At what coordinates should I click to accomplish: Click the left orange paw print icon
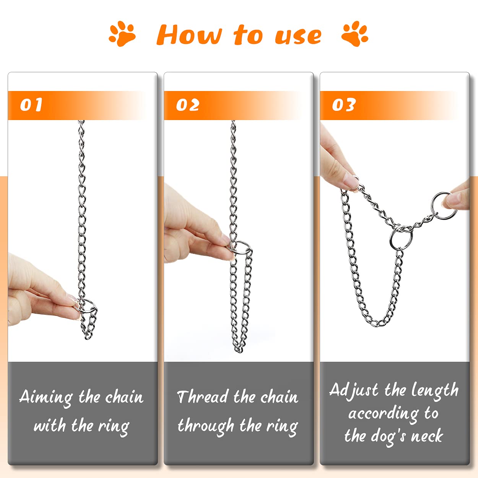point(122,34)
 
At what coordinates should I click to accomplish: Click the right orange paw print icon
point(355,34)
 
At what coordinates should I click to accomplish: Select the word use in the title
point(298,36)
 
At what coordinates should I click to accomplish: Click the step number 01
point(31,105)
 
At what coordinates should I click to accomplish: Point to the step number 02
point(187,105)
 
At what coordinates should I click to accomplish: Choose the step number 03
point(344,105)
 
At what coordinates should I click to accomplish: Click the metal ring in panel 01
point(87,306)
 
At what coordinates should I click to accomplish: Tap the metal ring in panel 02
point(240,247)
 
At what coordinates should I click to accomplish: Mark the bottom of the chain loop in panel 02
point(239,349)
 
